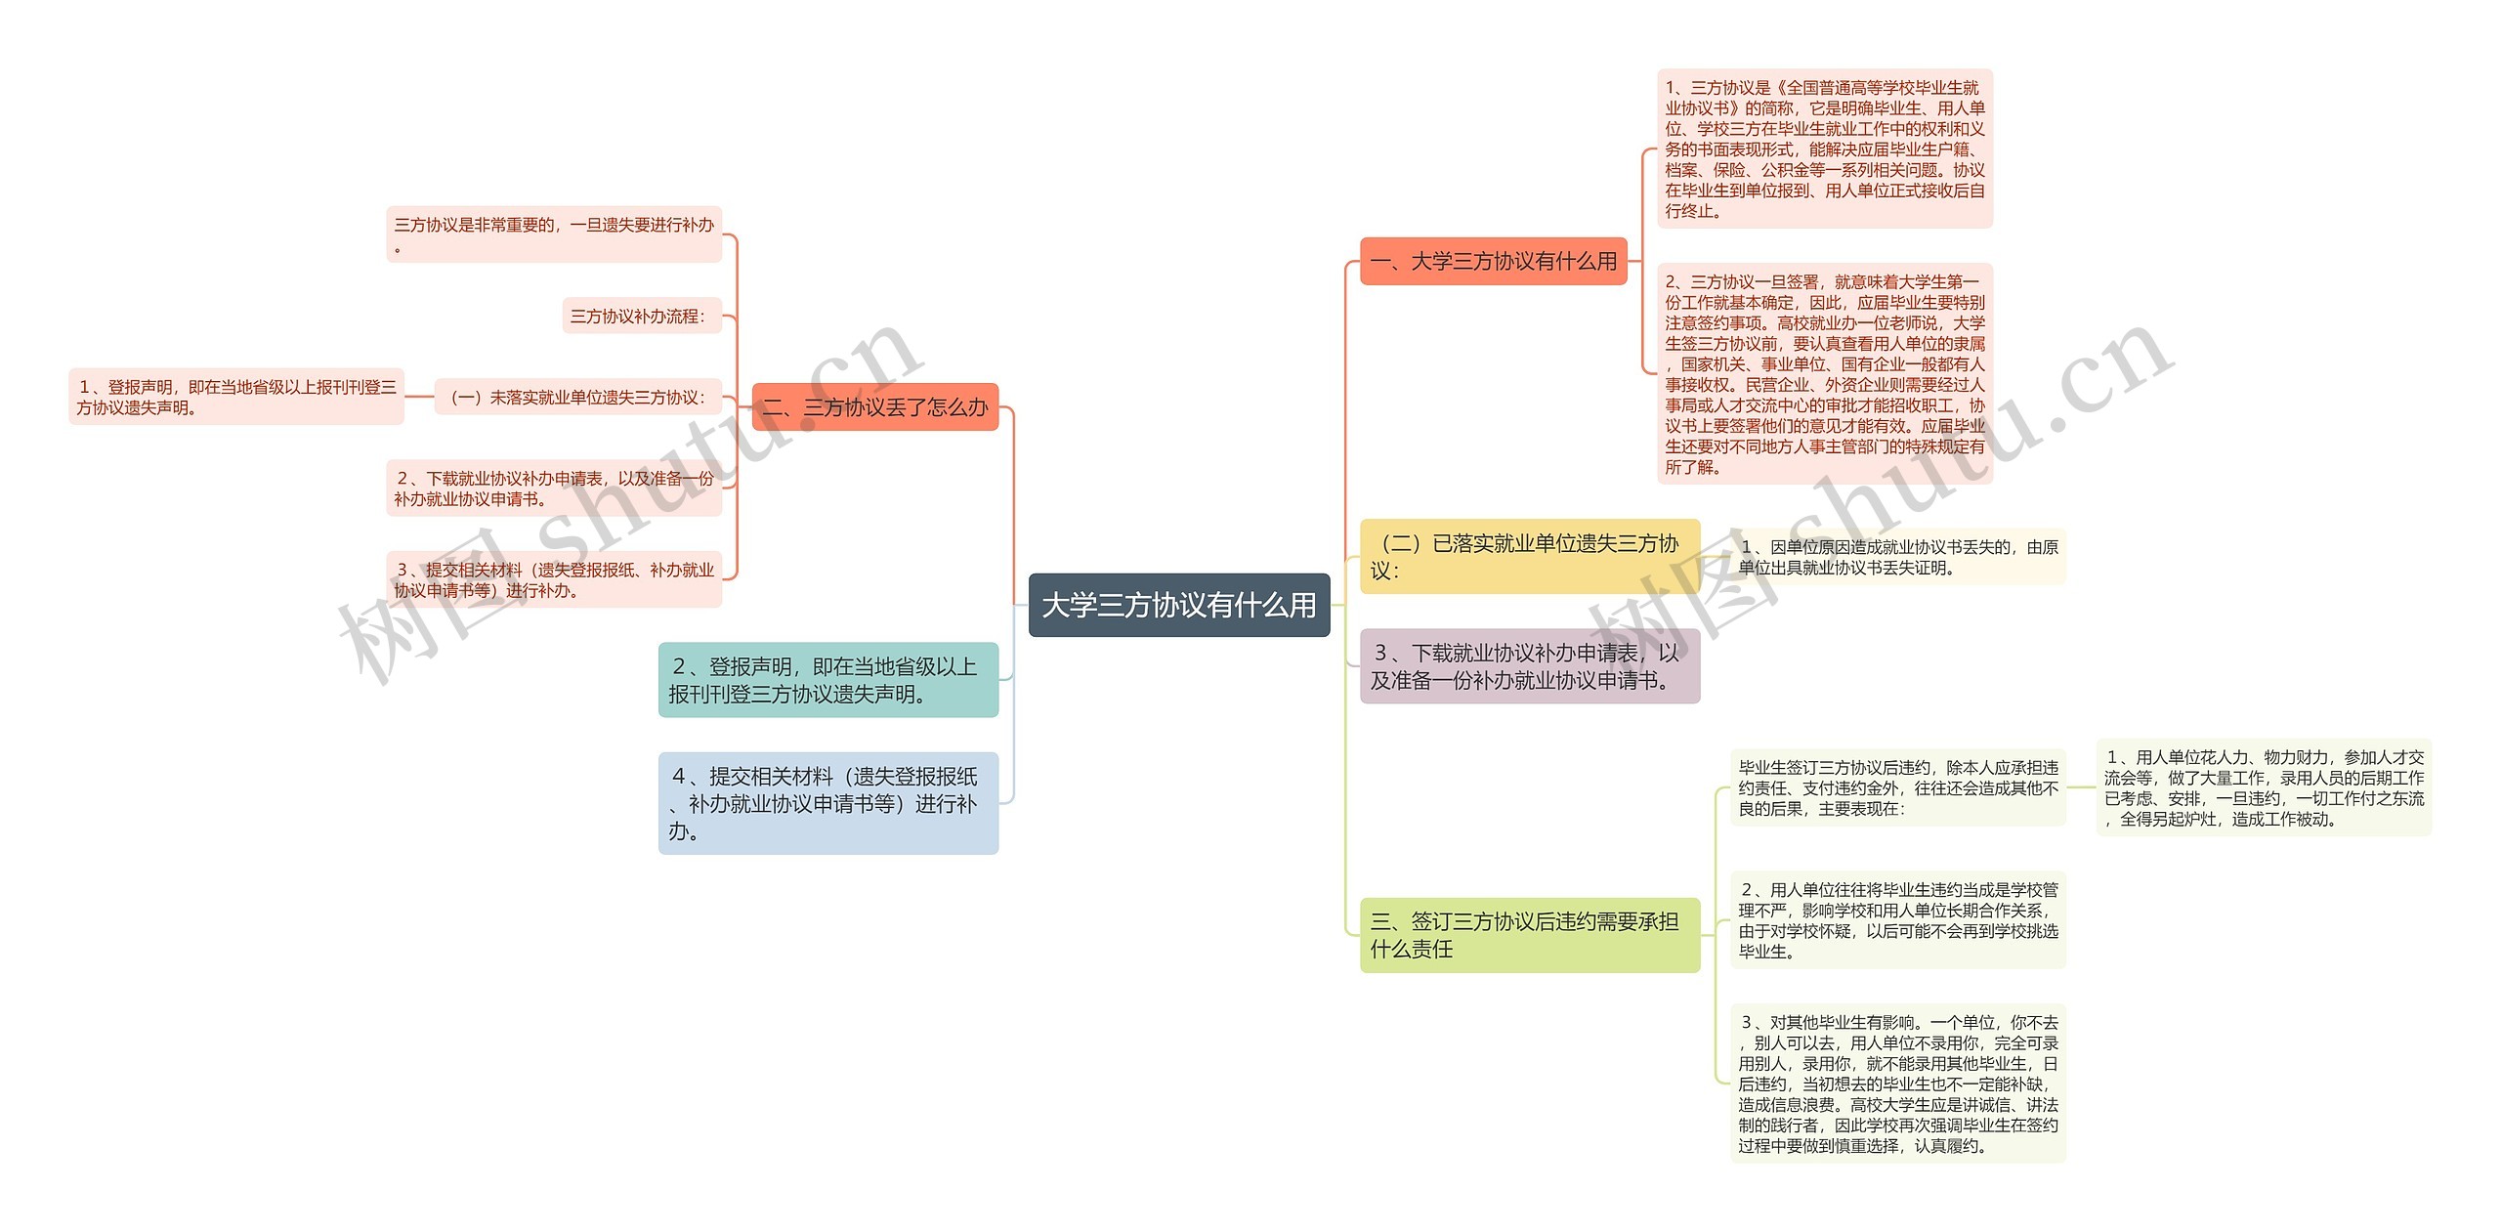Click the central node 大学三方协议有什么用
click(x=1179, y=606)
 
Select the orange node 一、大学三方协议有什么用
click(x=1493, y=261)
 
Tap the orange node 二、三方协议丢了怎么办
click(x=874, y=407)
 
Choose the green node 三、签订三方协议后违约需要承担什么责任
click(x=1529, y=935)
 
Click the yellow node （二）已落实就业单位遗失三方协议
click(x=1529, y=557)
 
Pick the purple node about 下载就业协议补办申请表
click(x=1529, y=666)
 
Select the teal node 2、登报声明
click(x=827, y=680)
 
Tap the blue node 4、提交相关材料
click(x=827, y=803)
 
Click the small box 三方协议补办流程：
click(x=641, y=317)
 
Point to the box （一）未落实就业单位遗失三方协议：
click(x=577, y=398)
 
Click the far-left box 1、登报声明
click(x=235, y=398)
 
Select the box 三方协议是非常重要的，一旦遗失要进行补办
click(x=553, y=234)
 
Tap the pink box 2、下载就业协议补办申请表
click(x=553, y=489)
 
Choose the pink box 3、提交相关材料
click(x=553, y=579)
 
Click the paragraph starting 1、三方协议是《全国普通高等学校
click(x=1824, y=149)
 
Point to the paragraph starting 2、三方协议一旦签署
click(x=1824, y=374)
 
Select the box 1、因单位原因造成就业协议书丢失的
click(x=1897, y=558)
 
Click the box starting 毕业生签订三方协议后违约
click(x=1897, y=788)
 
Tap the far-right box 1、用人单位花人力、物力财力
click(x=2264, y=788)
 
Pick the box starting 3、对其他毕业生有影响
click(x=1897, y=1083)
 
